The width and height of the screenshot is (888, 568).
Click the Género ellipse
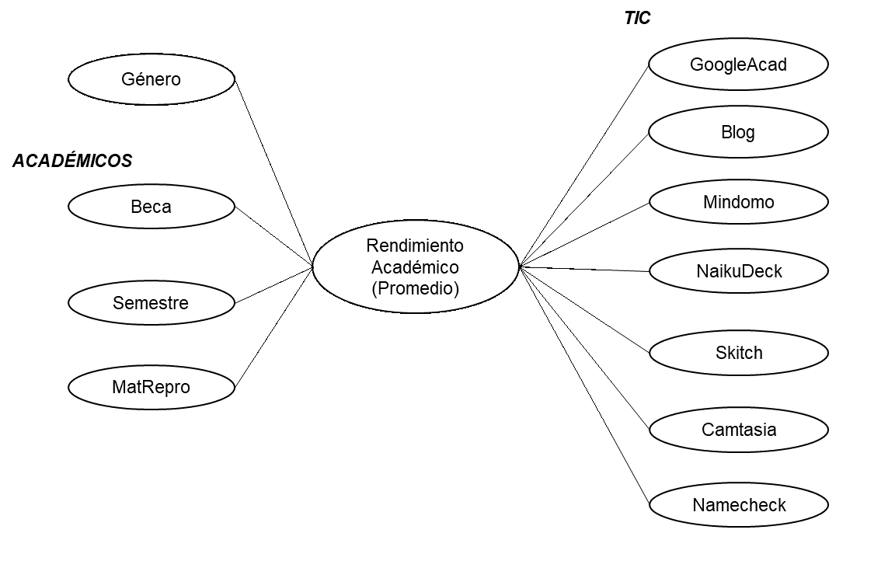pos(151,79)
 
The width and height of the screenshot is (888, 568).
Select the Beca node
pos(151,207)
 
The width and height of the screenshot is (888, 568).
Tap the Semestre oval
pos(151,302)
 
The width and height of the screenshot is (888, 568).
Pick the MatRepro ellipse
pos(151,386)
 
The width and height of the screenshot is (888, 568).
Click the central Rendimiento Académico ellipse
pos(415,267)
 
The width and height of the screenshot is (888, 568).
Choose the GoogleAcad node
pos(738,64)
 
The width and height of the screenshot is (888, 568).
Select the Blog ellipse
pos(738,132)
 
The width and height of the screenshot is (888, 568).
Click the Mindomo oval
pos(738,202)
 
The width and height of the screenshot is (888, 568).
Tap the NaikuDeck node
pos(738,271)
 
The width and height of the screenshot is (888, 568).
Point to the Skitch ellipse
pos(738,353)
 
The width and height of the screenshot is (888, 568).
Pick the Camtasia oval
pos(738,429)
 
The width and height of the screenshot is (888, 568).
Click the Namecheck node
pos(738,505)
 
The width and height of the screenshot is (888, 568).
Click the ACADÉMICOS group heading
pos(72,161)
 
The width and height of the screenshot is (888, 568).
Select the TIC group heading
pos(637,19)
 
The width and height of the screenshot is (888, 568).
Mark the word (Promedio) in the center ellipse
pos(415,288)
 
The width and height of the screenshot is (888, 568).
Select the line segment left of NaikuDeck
pos(630,270)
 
